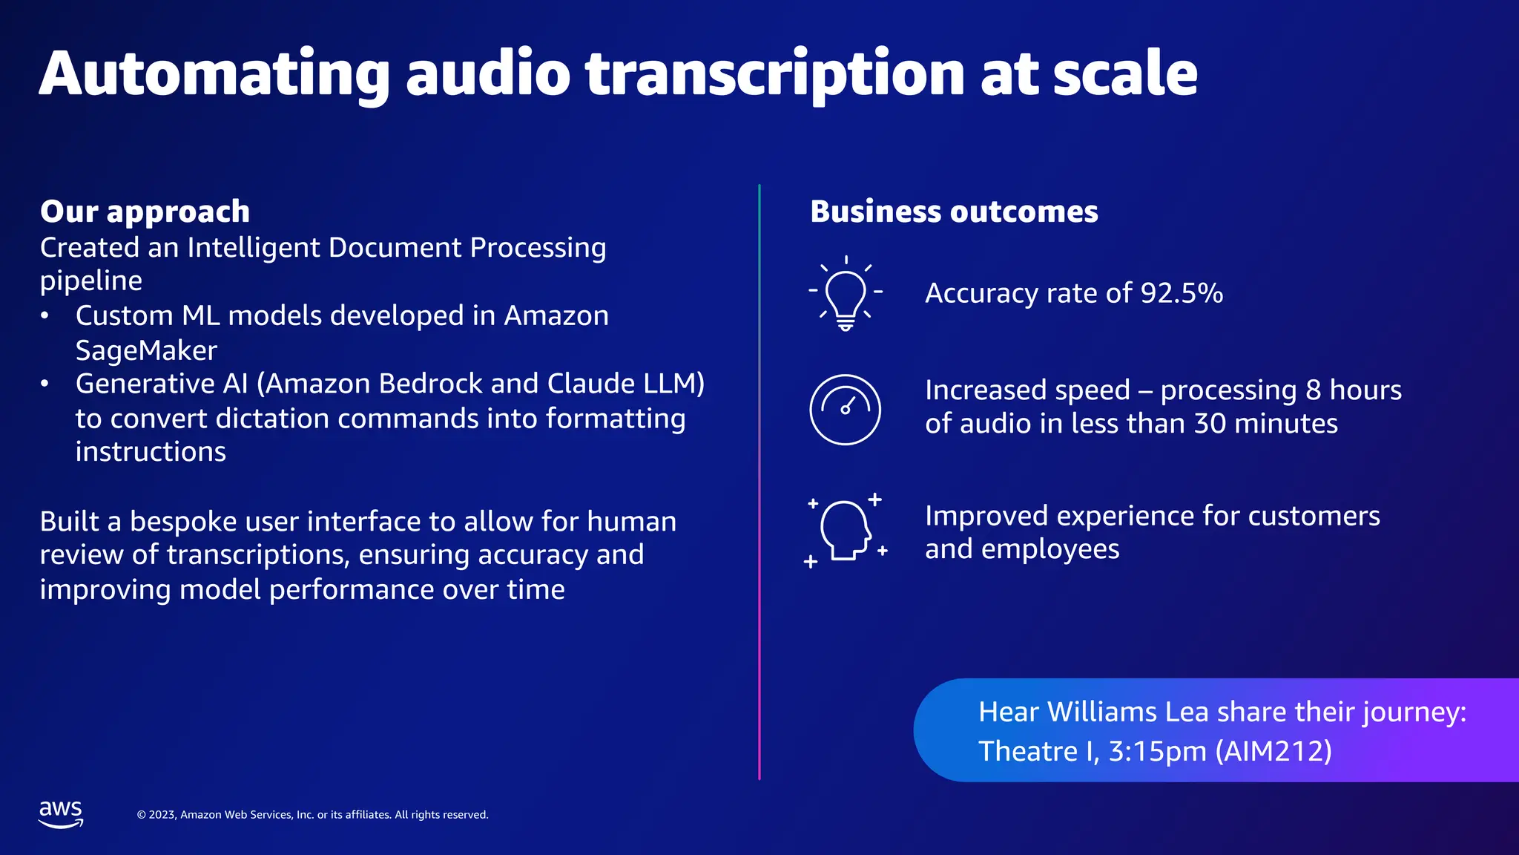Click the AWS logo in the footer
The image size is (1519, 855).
coord(61,813)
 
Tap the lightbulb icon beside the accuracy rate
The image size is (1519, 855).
coord(846,294)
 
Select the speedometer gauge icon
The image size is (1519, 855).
coord(845,409)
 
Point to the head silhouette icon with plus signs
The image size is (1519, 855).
coord(846,531)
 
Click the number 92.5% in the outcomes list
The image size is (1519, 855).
coord(1182,293)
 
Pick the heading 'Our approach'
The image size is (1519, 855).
coord(145,212)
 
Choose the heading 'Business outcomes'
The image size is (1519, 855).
coord(954,212)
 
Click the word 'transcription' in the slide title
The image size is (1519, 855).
coord(775,73)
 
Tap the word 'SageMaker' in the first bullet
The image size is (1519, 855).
coord(146,350)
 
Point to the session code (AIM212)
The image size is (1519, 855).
coord(1273,751)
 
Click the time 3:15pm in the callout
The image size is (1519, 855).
coord(1157,751)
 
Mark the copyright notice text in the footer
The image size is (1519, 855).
coord(312,815)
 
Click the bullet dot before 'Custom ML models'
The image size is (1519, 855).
coord(45,316)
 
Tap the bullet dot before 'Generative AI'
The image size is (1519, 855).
coord(45,384)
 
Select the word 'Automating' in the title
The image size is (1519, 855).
coord(214,73)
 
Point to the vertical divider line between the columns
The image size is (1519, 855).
coord(759,482)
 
